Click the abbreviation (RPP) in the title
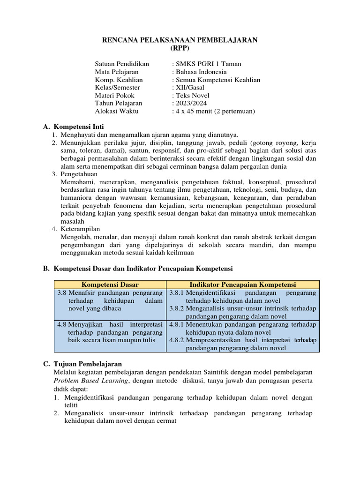pyautogui.click(x=180, y=48)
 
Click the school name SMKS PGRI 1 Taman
pyautogui.click(x=209, y=64)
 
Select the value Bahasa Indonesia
pyautogui.click(x=201, y=72)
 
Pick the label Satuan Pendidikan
pyautogui.click(x=122, y=64)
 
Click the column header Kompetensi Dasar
pyautogui.click(x=110, y=285)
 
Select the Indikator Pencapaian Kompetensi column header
pyautogui.click(x=243, y=285)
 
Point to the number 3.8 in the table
pyautogui.click(x=61, y=293)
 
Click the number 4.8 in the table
pyautogui.click(x=61, y=324)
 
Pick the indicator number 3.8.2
pyautogui.click(x=177, y=308)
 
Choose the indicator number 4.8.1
pyautogui.click(x=177, y=324)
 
